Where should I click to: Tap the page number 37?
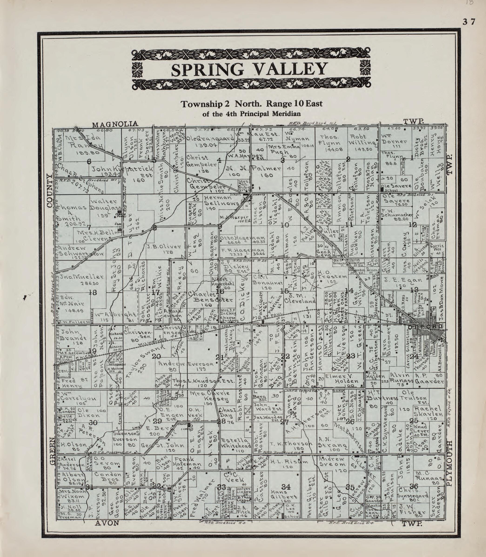pos(469,22)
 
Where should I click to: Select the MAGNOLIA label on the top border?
pos(115,125)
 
